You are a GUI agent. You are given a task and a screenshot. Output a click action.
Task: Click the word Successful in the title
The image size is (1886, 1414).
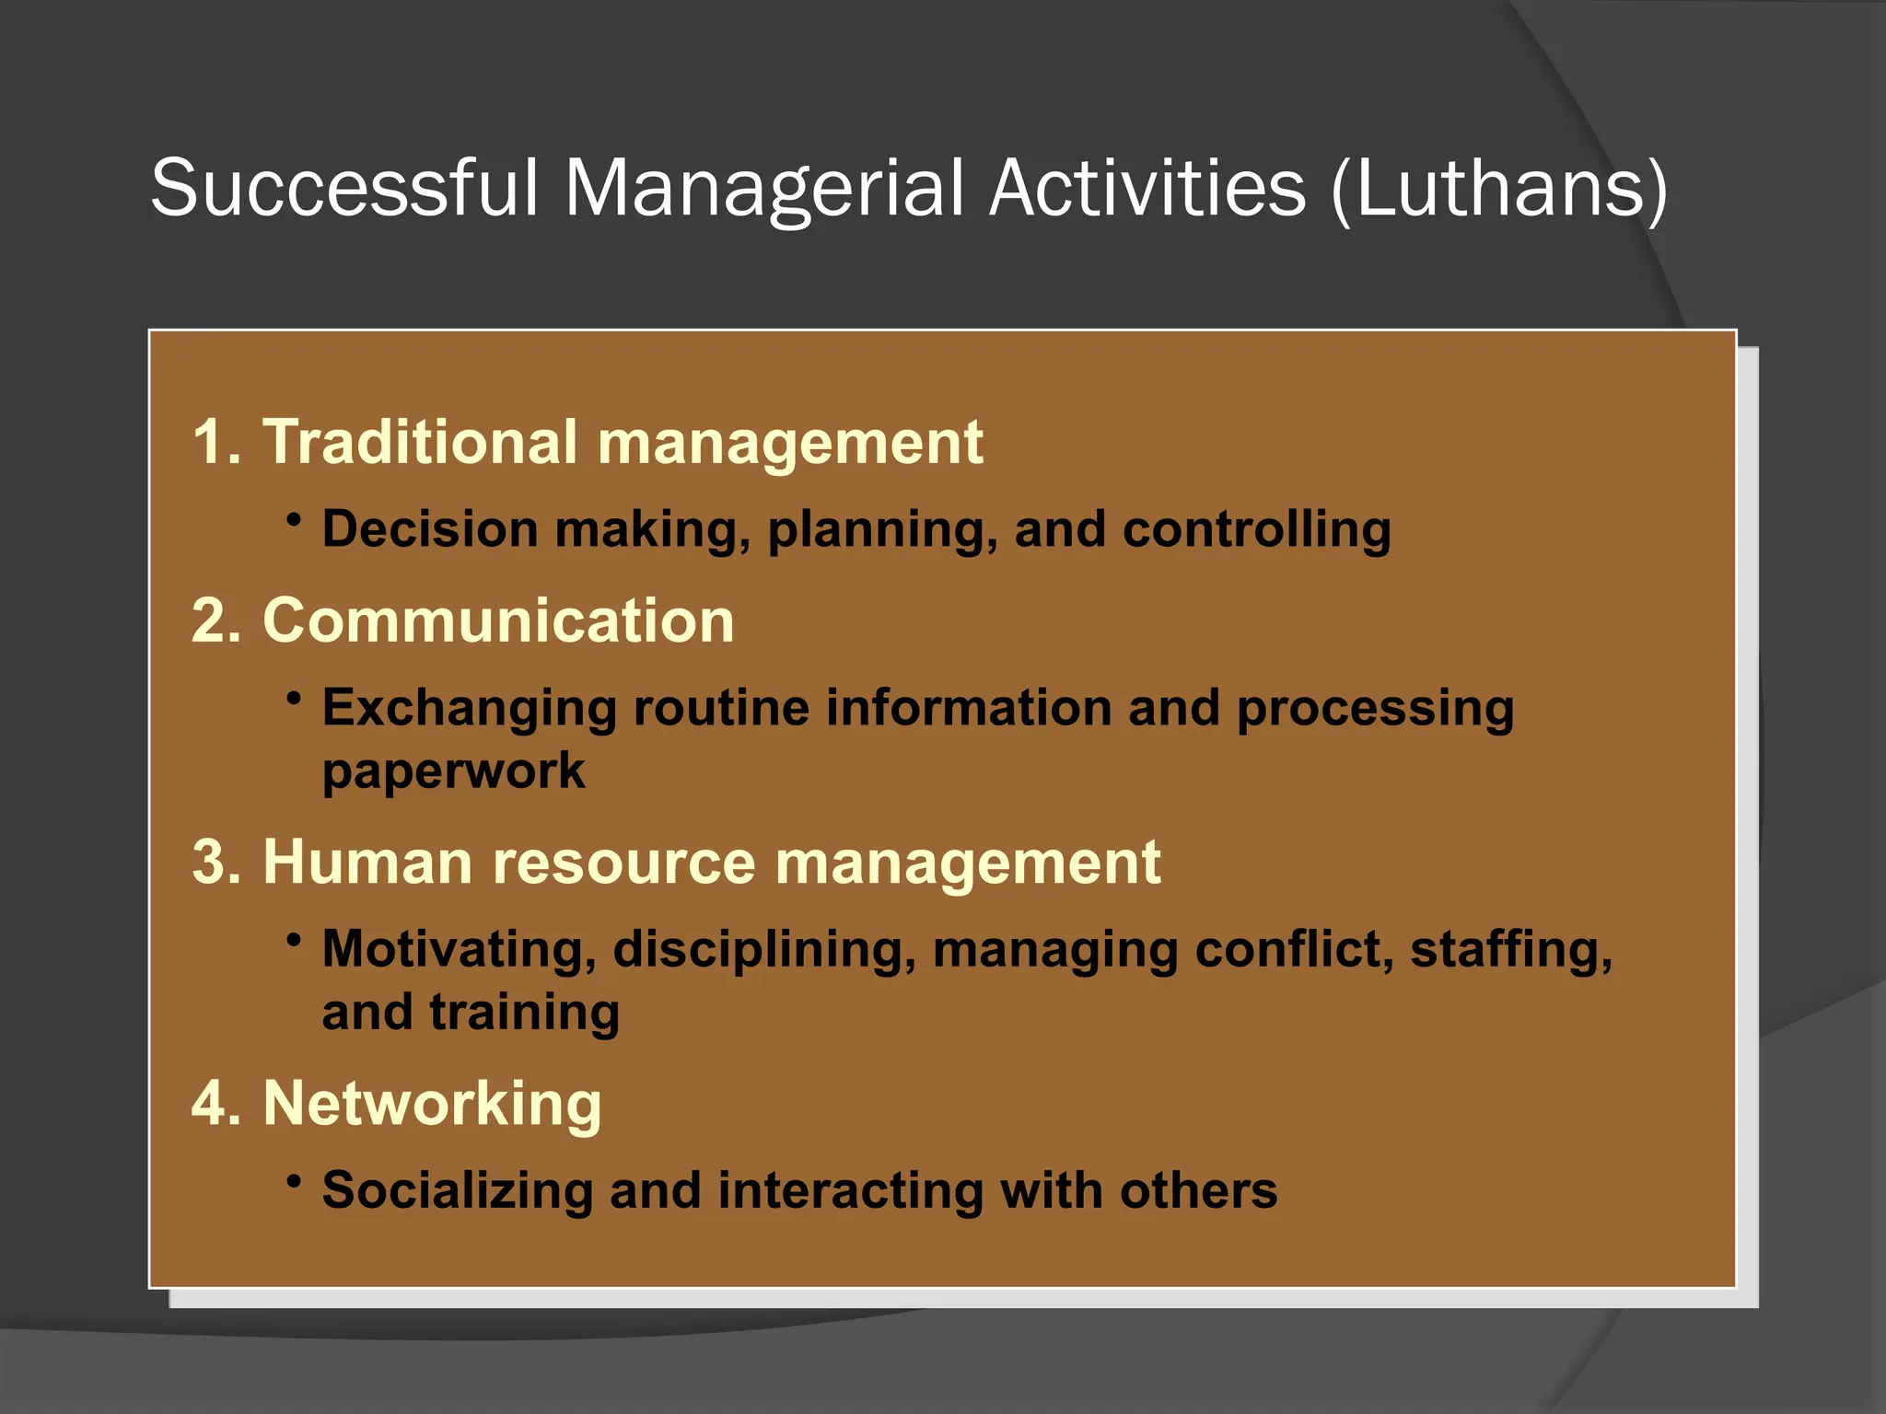click(x=343, y=188)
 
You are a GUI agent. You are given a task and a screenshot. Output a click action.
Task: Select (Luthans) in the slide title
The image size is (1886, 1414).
click(x=1499, y=190)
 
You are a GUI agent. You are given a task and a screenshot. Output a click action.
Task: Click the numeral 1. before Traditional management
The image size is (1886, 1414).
click(x=216, y=443)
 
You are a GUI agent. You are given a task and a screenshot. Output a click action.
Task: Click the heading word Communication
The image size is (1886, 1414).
click(x=498, y=620)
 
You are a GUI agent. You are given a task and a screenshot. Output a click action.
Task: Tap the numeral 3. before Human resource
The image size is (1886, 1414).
click(x=216, y=863)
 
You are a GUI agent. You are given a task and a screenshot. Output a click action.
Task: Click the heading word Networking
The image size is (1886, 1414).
click(x=432, y=1104)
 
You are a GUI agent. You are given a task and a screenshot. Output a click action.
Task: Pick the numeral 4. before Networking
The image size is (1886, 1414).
click(x=216, y=1104)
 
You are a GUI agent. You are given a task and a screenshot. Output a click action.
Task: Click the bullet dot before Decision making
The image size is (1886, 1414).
click(x=294, y=520)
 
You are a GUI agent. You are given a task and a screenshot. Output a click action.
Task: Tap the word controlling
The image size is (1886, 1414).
click(x=1256, y=530)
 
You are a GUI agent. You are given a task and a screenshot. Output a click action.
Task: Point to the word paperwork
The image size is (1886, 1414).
click(x=453, y=771)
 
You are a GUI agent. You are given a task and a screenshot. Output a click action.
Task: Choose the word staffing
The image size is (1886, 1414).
click(x=1511, y=950)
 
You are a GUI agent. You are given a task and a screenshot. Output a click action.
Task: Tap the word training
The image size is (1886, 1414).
click(x=524, y=1013)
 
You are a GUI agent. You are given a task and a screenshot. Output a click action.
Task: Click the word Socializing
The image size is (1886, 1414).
click(x=458, y=1191)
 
